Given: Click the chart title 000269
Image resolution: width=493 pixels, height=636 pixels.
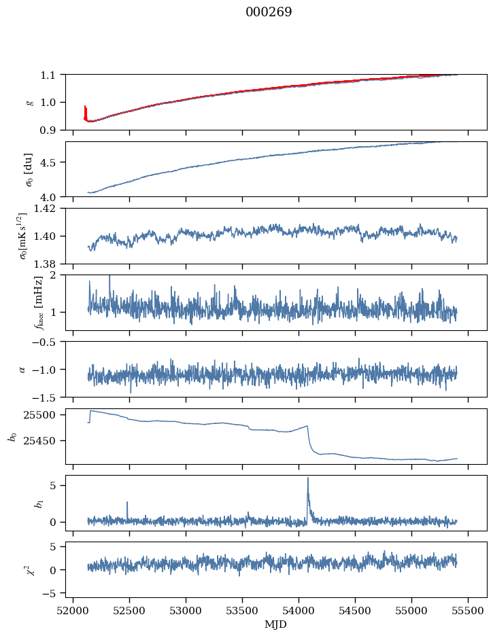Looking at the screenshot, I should coord(269,12).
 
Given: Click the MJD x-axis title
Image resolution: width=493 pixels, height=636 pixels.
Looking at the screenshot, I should coord(276,624).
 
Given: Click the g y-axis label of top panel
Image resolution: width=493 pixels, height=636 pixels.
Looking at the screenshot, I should coord(29,102).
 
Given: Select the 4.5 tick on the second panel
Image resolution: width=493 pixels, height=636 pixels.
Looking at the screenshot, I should coord(52,162).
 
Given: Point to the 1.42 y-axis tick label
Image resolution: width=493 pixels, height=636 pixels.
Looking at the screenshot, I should coord(49,209).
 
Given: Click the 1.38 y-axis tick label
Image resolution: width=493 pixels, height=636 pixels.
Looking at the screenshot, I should coord(49,264).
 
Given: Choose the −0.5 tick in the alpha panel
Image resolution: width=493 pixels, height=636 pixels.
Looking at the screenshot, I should coord(48,342).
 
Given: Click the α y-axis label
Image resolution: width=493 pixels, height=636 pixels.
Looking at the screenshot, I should coord(22,369).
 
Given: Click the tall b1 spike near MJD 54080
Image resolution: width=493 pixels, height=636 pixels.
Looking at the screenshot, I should coord(308,478).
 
